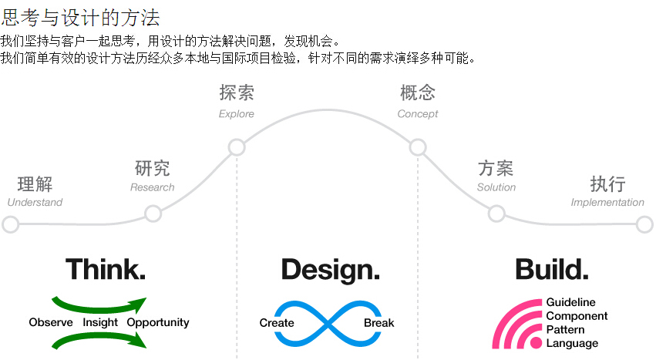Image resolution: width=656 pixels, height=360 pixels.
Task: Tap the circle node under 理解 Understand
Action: pyautogui.click(x=11, y=224)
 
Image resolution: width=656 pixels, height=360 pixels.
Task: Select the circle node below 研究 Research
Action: pyautogui.click(x=153, y=214)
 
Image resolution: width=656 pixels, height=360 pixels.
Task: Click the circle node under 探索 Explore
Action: pyautogui.click(x=237, y=147)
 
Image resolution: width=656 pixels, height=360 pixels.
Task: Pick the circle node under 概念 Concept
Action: pyautogui.click(x=418, y=147)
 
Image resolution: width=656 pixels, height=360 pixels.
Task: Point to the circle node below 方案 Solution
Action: pyautogui.click(x=496, y=214)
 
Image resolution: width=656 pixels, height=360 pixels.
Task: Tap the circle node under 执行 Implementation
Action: pyautogui.click(x=644, y=224)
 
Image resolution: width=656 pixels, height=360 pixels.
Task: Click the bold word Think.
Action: pyautogui.click(x=106, y=270)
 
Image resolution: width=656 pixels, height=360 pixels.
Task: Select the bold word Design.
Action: pyautogui.click(x=330, y=270)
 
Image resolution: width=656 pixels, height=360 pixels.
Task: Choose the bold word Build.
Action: pyautogui.click(x=551, y=270)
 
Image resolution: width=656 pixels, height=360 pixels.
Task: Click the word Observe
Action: pyautogui.click(x=51, y=322)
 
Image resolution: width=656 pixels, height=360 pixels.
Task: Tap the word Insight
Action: pyautogui.click(x=100, y=322)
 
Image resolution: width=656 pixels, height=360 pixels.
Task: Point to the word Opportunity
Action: pyautogui.click(x=158, y=322)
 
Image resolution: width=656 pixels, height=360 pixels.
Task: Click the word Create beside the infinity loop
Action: pyautogui.click(x=277, y=322)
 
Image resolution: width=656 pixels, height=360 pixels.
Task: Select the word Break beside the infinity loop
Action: pyautogui.click(x=378, y=322)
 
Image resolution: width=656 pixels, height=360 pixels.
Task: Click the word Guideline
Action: pyautogui.click(x=570, y=303)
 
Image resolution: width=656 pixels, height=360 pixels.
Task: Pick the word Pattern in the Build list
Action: pyautogui.click(x=565, y=330)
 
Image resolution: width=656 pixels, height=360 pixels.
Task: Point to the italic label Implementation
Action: pyautogui.click(x=607, y=203)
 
